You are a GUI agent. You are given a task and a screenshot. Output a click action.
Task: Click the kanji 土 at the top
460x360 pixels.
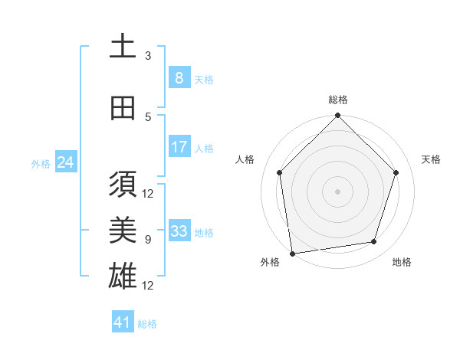[x=123, y=47]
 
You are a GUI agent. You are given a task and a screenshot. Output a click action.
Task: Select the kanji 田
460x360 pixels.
[x=123, y=107]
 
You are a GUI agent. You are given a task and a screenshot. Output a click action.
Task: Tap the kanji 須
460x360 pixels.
[x=123, y=185]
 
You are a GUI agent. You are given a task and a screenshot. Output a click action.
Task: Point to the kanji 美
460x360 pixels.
[x=123, y=229]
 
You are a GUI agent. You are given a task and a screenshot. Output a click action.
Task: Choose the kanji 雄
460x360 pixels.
[x=123, y=275]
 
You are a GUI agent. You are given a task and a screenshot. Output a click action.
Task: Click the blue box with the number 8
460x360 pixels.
[x=179, y=77]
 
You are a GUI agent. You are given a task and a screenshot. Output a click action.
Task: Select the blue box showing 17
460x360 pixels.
[x=179, y=147]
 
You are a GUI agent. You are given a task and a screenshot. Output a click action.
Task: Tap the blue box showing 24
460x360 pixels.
[x=65, y=162]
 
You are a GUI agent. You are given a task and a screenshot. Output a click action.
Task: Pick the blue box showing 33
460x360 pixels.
[x=179, y=231]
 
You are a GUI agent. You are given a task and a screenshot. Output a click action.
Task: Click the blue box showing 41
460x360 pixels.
[x=123, y=322]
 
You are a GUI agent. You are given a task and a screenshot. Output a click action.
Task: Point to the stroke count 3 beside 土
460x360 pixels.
[x=148, y=56]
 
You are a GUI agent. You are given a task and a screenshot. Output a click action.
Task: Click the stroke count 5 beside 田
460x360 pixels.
[x=148, y=117]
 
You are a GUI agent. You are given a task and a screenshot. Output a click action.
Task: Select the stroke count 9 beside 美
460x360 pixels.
[x=148, y=240]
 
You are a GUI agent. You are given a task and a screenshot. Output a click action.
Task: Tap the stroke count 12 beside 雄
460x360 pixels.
[x=148, y=286]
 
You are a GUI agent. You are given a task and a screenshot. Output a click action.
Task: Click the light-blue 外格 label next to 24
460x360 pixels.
[x=41, y=163]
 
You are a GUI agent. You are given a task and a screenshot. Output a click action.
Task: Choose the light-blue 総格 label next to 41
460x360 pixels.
[x=147, y=324]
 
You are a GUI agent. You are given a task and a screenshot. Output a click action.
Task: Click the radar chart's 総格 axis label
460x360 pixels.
[x=338, y=100]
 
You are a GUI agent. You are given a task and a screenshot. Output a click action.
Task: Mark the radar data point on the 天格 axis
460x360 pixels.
[x=396, y=172]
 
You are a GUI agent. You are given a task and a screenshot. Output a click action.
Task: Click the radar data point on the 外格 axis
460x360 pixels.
[x=292, y=253]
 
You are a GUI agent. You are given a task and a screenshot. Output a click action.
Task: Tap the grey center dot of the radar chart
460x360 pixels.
[x=338, y=191]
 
